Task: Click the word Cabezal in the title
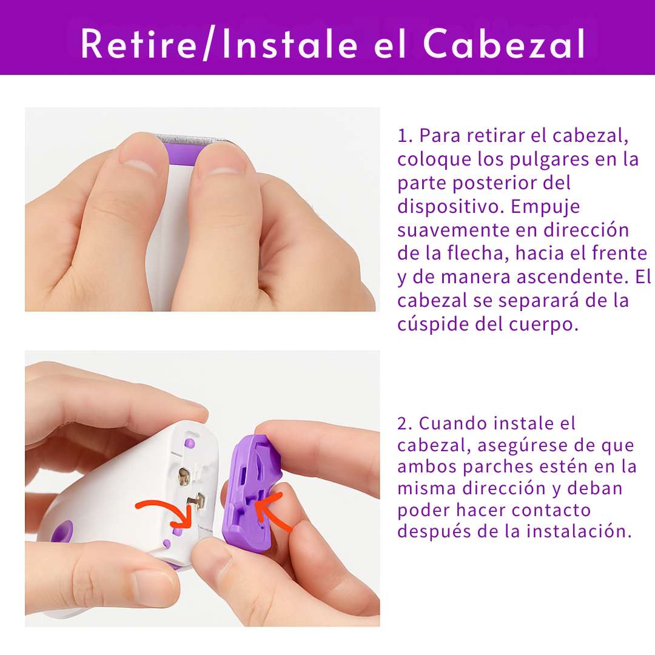click(505, 44)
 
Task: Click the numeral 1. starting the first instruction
click(405, 136)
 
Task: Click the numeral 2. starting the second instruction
click(405, 423)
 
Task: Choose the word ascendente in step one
click(573, 277)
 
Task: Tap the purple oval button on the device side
click(62, 533)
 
